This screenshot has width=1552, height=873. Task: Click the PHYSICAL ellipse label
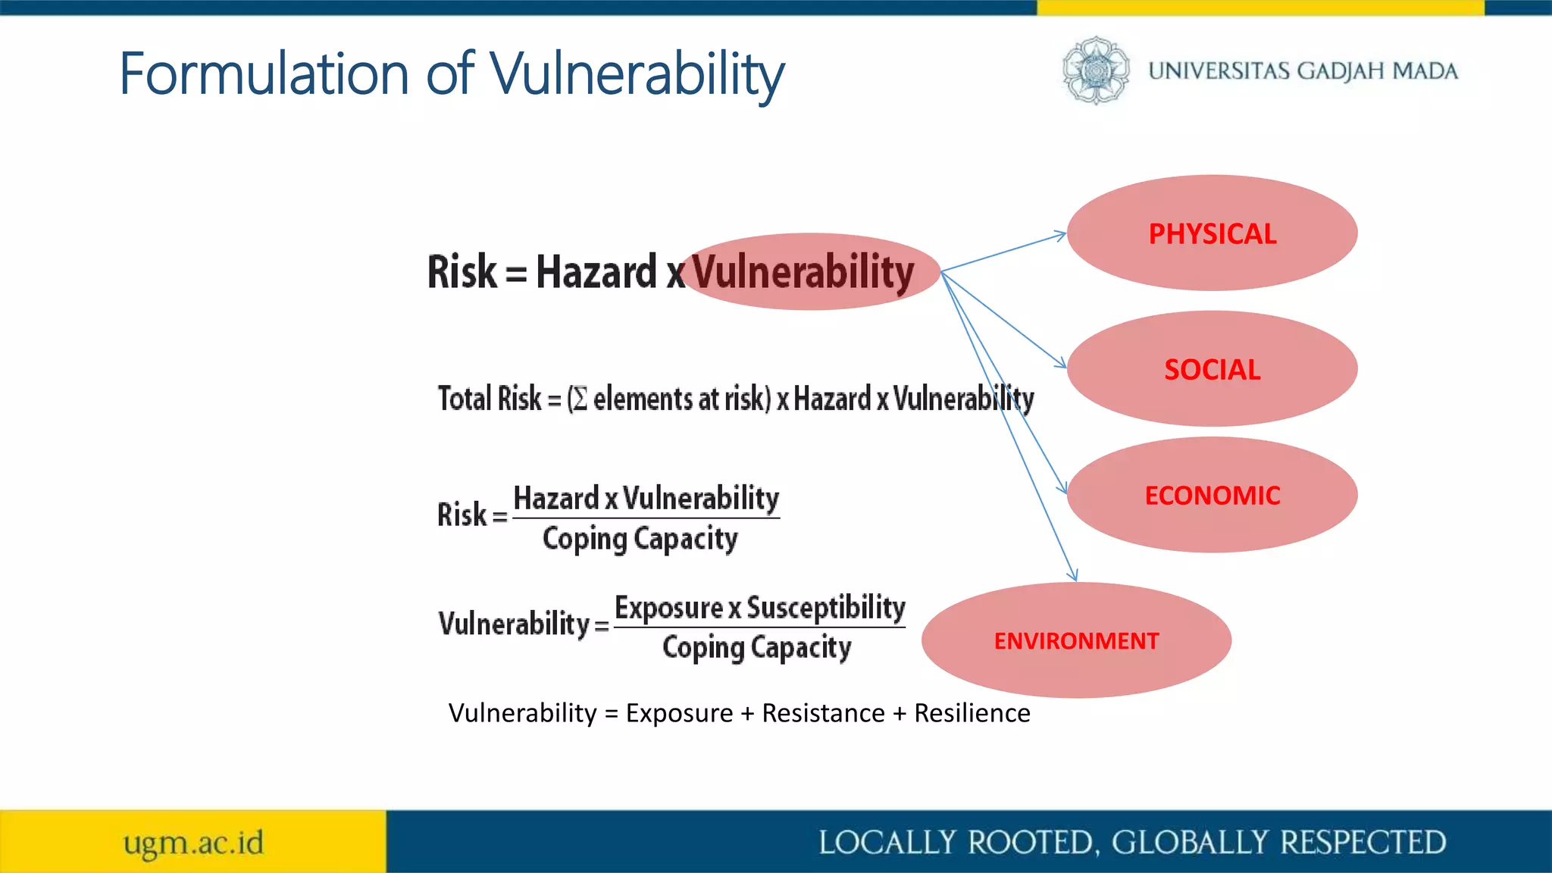[1212, 233]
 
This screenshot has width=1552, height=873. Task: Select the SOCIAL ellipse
[1212, 369]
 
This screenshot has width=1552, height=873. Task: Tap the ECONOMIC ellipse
[1212, 495]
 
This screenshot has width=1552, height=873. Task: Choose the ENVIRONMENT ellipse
[1076, 640]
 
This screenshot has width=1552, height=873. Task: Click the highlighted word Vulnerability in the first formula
[803, 272]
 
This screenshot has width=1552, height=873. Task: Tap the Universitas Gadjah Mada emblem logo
[1095, 70]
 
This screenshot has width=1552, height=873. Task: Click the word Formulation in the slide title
[264, 74]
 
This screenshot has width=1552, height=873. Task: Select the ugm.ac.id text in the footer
[194, 843]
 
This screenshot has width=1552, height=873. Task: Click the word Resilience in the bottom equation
[972, 713]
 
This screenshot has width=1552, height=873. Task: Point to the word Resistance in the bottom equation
[823, 713]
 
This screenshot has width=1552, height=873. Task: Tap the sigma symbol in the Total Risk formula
[580, 399]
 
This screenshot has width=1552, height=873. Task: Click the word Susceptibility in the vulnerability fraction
[826, 608]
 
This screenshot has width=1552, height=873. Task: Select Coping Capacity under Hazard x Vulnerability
[640, 539]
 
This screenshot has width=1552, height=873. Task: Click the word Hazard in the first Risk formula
[596, 272]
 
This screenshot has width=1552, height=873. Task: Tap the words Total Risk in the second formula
[490, 399]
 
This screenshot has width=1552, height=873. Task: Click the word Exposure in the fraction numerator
[668, 608]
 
